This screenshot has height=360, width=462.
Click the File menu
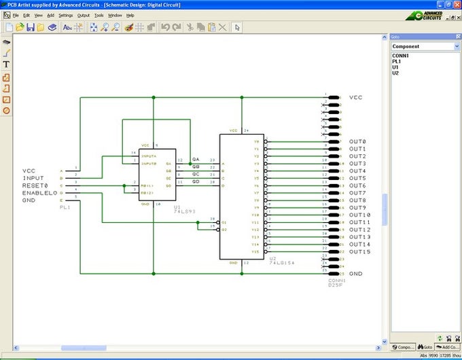(x=16, y=14)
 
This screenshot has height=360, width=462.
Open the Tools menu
(x=99, y=14)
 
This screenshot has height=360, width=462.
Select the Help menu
(x=130, y=14)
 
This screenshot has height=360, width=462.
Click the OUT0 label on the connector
(x=357, y=141)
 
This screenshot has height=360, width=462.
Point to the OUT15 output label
(x=359, y=252)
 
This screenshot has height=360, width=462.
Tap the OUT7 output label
(x=357, y=193)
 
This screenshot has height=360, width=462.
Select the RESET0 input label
(x=35, y=185)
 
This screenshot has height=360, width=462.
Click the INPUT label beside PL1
(x=33, y=178)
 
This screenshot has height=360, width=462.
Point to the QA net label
(x=196, y=159)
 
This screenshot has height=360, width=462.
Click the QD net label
(x=196, y=181)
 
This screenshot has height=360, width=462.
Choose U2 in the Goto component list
(x=395, y=73)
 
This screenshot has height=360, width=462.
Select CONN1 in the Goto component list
(x=400, y=56)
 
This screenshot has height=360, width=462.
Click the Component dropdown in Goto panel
(x=425, y=46)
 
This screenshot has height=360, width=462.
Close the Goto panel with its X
(x=458, y=36)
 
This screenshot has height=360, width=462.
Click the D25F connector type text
(x=336, y=284)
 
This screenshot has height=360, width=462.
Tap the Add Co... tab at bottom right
(x=449, y=346)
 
